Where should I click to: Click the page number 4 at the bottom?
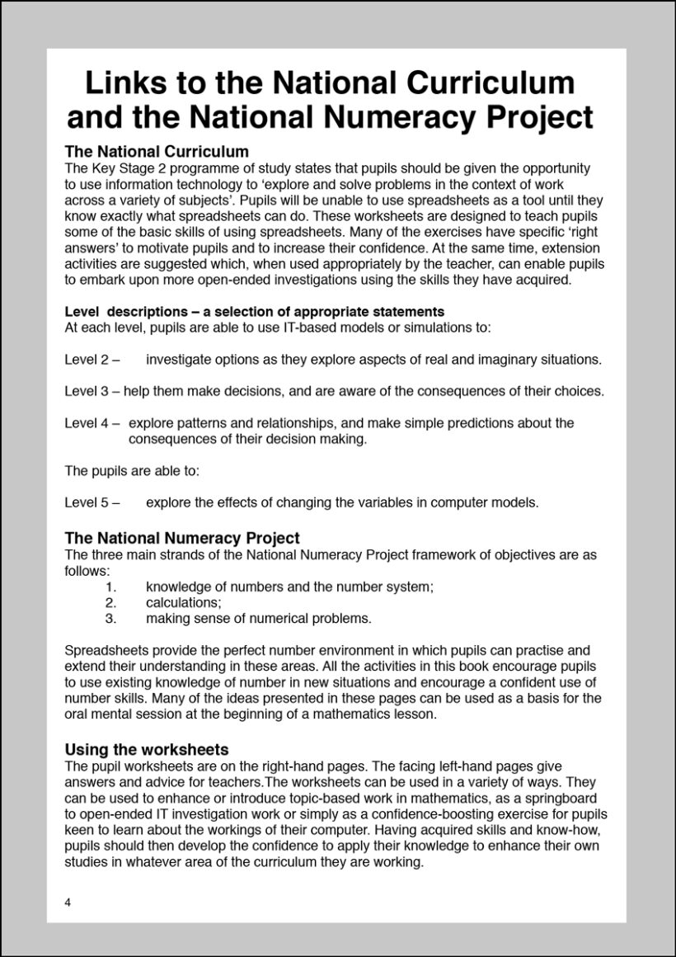point(68,903)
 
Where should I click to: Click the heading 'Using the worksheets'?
point(146,750)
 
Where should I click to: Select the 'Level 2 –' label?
point(92,360)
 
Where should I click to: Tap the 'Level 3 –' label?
point(92,390)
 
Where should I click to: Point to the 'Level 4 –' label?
point(92,423)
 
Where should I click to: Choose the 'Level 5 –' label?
point(92,502)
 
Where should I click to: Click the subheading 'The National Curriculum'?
point(157,152)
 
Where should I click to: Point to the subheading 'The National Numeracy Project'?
point(182,539)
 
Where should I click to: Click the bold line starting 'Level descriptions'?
point(254,312)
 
